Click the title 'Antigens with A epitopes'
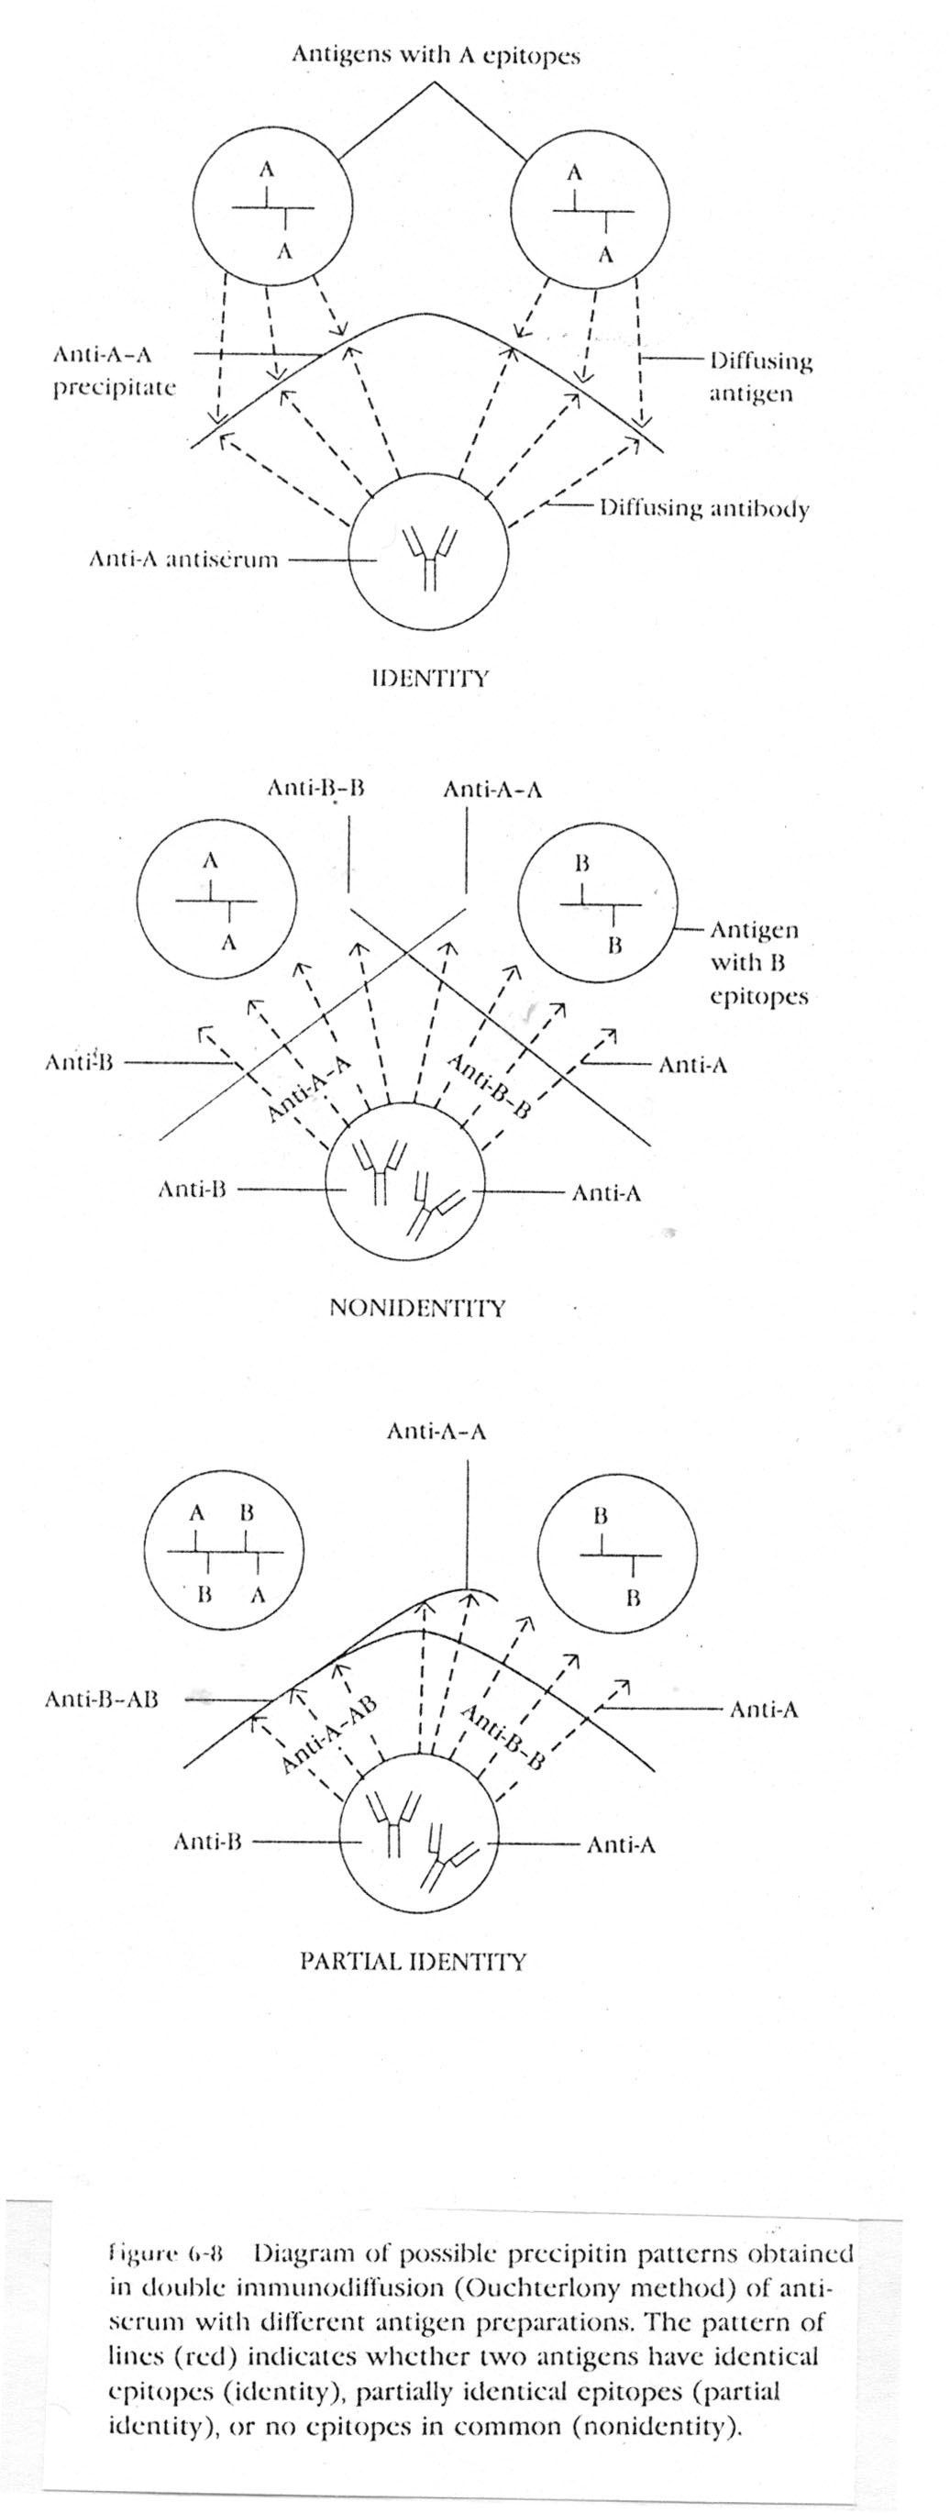point(436,56)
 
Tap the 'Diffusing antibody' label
point(704,508)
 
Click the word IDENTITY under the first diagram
point(430,678)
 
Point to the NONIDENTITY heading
point(417,1307)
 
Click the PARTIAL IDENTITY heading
point(413,1961)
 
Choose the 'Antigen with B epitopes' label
point(759,963)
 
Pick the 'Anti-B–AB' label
point(102,1699)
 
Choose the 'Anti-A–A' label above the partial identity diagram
point(436,1432)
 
